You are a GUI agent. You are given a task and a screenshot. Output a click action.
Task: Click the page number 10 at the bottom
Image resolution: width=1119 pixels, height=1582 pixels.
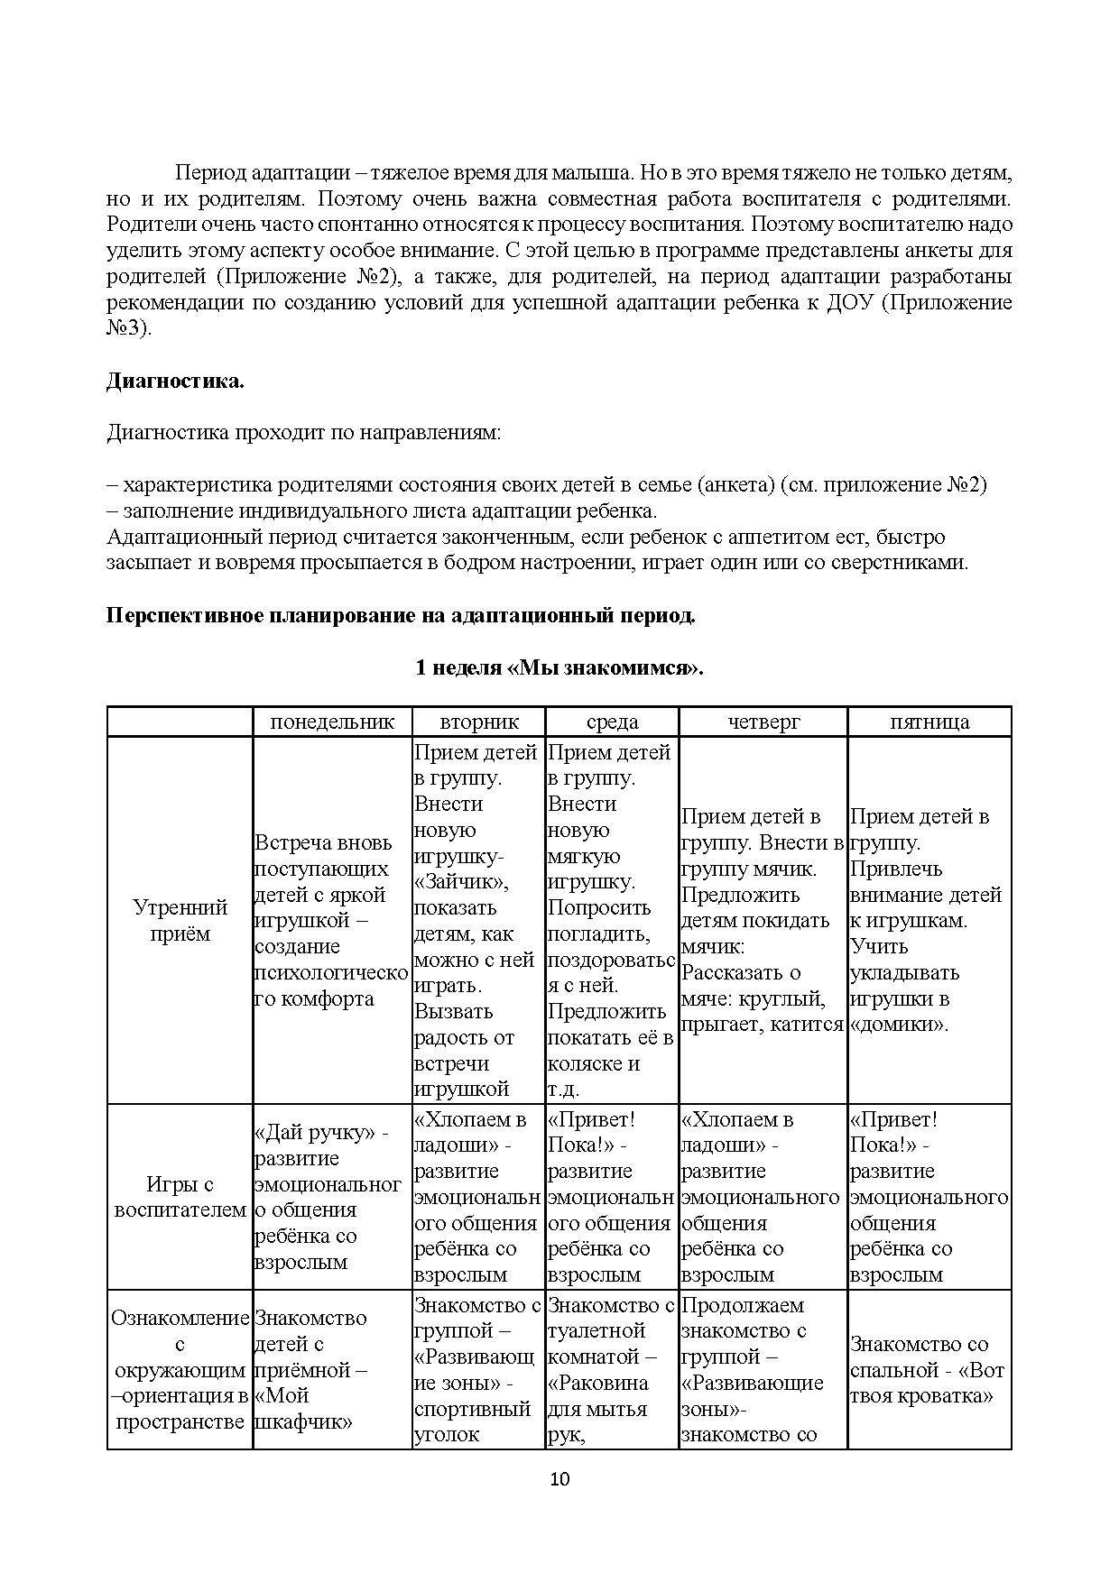pyautogui.click(x=559, y=1478)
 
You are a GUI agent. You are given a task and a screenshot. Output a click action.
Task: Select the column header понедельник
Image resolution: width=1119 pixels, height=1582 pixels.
pyautogui.click(x=332, y=722)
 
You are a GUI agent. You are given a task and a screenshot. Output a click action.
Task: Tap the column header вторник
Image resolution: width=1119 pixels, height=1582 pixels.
pyautogui.click(x=479, y=722)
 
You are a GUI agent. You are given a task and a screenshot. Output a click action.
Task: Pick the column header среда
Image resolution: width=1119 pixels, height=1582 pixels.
pyautogui.click(x=612, y=722)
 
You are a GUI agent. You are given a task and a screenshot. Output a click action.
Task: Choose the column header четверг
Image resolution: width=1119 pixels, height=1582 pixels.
pyautogui.click(x=763, y=722)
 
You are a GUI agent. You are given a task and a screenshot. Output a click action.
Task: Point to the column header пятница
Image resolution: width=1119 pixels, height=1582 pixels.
pyautogui.click(x=929, y=722)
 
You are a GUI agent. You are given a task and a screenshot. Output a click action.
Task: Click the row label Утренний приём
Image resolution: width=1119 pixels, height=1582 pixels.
pyautogui.click(x=180, y=920)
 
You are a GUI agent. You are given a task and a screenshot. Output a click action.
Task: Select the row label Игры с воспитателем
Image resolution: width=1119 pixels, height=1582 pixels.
pyautogui.click(x=180, y=1197)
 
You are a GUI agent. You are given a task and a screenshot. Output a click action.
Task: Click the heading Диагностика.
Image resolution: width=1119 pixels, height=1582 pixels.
pyautogui.click(x=175, y=381)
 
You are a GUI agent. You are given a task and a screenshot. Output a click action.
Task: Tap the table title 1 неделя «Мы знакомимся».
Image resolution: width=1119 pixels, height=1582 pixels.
pyautogui.click(x=559, y=667)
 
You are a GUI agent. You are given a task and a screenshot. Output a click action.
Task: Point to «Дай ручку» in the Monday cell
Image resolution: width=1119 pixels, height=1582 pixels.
pyautogui.click(x=317, y=1133)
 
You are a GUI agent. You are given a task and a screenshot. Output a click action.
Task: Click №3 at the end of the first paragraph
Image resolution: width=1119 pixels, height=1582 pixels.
pyautogui.click(x=128, y=328)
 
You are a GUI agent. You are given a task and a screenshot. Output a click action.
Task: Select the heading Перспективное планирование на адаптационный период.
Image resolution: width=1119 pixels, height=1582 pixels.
pyautogui.click(x=401, y=616)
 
